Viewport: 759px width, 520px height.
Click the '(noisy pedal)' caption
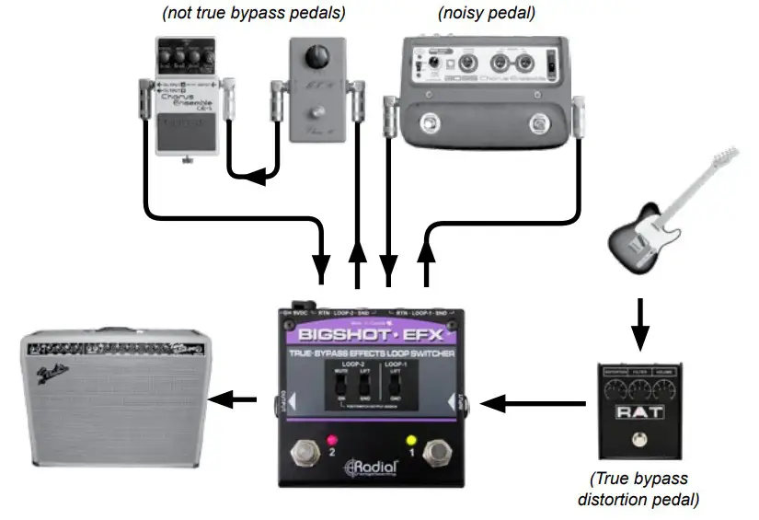[x=487, y=14]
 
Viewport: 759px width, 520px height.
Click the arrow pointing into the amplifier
[x=231, y=399]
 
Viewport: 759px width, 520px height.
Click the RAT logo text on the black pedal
[x=637, y=413]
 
